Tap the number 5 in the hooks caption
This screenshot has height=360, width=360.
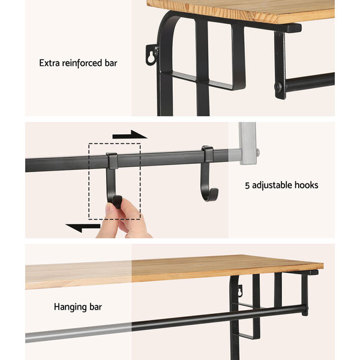click(x=247, y=185)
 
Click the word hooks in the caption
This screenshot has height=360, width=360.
click(x=307, y=185)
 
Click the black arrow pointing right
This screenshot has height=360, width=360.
click(x=130, y=135)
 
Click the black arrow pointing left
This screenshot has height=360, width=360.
click(x=83, y=228)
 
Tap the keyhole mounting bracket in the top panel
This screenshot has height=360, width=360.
click(x=152, y=55)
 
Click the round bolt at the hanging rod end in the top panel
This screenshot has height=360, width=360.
click(x=278, y=87)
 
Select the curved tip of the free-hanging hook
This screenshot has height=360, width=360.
click(x=214, y=193)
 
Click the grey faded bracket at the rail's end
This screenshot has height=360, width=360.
click(x=248, y=143)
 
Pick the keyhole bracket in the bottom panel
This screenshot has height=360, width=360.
click(x=240, y=291)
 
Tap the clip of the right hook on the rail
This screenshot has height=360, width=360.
click(x=208, y=154)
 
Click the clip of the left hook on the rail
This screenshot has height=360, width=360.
click(x=112, y=161)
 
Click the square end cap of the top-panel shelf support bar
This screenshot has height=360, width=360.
click(x=294, y=28)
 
